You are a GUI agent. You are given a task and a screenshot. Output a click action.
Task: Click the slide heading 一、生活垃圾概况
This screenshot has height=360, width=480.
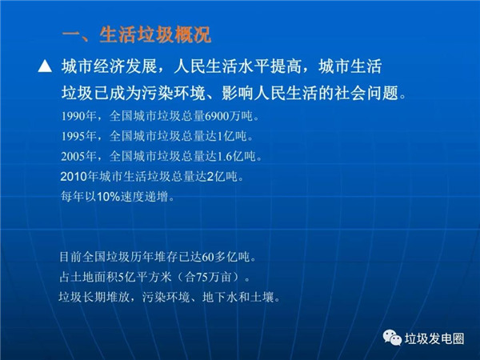(x=136, y=35)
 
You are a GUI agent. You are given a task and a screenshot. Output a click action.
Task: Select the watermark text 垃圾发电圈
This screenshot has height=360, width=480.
(x=434, y=338)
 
